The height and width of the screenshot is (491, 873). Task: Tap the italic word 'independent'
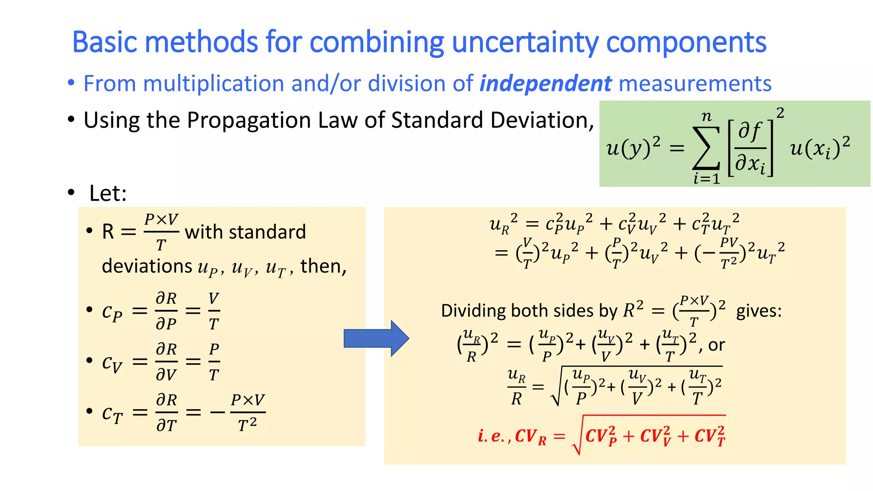[546, 84]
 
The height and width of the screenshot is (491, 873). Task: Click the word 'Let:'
[108, 193]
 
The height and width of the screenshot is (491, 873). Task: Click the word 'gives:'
[759, 311]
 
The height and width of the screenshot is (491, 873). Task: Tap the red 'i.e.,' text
[494, 436]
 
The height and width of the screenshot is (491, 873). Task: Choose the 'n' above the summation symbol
[706, 116]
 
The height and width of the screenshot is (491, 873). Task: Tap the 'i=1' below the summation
[706, 178]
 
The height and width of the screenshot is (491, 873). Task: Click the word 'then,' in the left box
[324, 266]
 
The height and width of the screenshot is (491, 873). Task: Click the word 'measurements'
[695, 84]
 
